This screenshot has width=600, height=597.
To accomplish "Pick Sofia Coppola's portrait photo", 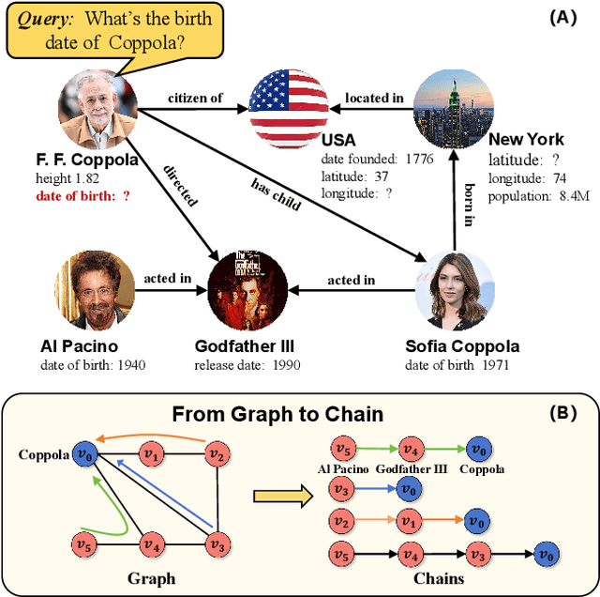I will tap(453, 286).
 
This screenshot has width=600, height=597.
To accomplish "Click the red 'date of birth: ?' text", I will tap(82, 195).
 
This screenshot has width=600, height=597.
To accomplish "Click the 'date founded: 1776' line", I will tap(376, 159).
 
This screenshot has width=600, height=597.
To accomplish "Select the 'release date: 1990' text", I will tap(247, 364).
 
